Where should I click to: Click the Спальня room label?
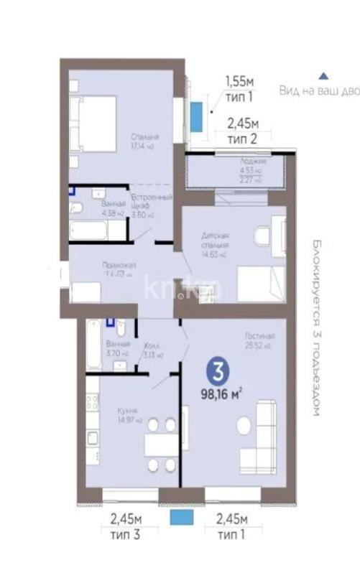[x=144, y=136]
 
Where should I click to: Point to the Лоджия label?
[x=253, y=162]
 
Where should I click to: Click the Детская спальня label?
[x=214, y=240]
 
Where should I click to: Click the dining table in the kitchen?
[x=161, y=445]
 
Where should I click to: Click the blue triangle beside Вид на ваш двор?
[x=324, y=75]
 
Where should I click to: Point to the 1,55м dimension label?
[x=240, y=82]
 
